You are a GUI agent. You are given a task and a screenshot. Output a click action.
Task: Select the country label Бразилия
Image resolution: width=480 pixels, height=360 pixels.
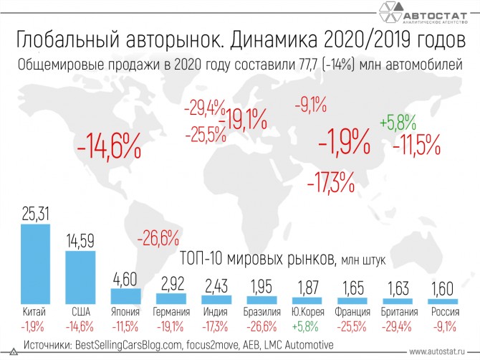click(262, 313)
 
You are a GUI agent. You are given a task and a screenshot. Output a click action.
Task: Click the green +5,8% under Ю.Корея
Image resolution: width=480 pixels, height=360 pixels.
click(308, 326)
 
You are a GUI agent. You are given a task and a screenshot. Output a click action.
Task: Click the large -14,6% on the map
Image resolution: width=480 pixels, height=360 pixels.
click(107, 148)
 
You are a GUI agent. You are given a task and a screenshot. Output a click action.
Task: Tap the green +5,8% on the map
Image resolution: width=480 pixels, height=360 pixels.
click(398, 121)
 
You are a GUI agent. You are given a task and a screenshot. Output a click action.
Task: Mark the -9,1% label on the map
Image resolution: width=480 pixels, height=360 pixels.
click(310, 105)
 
